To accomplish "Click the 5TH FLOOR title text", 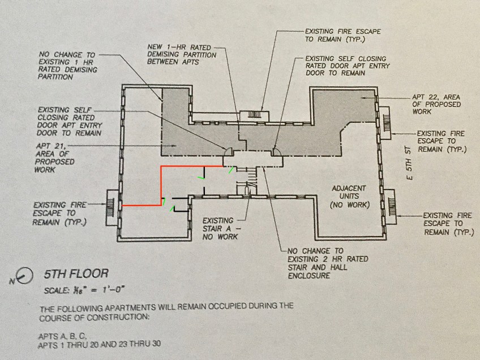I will point(76,274).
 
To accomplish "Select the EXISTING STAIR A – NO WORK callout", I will point(221,228).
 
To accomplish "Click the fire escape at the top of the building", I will point(254,115).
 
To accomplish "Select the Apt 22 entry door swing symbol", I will point(277,151).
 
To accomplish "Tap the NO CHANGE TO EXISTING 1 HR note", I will point(67,66).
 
